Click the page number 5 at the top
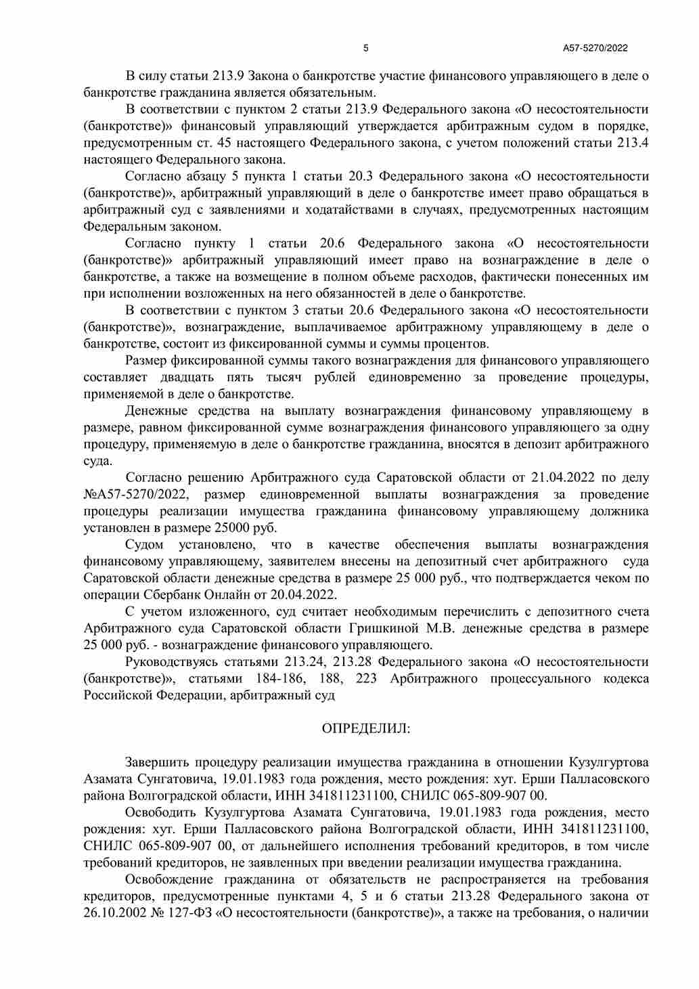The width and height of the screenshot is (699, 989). coord(366,48)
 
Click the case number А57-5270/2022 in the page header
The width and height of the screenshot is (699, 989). coord(595,48)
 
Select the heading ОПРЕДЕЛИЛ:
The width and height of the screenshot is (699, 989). coord(366,728)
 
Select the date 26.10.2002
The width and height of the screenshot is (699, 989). coord(114,913)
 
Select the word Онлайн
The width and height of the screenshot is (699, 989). coord(227,595)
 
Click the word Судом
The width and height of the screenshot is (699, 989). coord(144,545)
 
